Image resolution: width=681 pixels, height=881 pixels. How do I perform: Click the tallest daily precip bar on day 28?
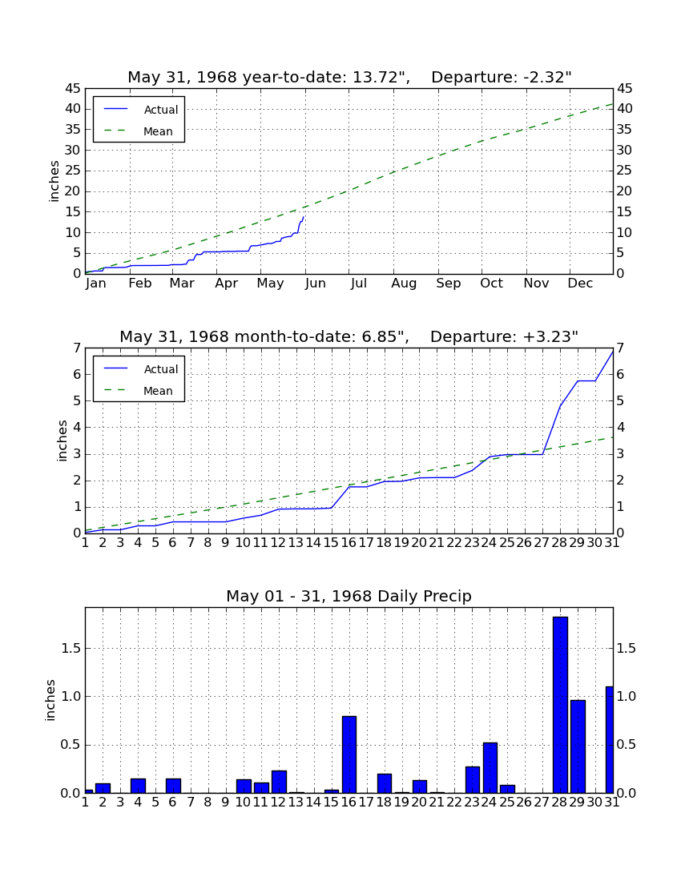(560, 705)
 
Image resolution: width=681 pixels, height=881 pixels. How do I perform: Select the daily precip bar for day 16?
(349, 754)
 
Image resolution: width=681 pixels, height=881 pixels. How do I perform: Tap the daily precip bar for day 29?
(578, 746)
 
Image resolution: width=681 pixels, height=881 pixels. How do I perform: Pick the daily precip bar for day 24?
(490, 767)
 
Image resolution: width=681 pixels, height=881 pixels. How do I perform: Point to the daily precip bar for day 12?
(279, 782)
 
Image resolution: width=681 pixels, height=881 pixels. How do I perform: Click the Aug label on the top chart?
(404, 284)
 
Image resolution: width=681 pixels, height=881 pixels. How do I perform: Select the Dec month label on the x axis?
(580, 284)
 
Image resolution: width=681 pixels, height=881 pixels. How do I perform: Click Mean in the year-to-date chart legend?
(158, 131)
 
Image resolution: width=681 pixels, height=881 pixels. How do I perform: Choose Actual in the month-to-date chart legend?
(161, 369)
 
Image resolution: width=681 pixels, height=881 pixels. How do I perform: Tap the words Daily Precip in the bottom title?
(424, 596)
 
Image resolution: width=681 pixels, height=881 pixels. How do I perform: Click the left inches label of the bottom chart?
(50, 700)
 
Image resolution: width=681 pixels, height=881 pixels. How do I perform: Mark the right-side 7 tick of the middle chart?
(620, 348)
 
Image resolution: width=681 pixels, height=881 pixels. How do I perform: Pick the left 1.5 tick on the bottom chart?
(71, 649)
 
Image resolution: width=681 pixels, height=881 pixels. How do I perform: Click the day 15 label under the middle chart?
(332, 543)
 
